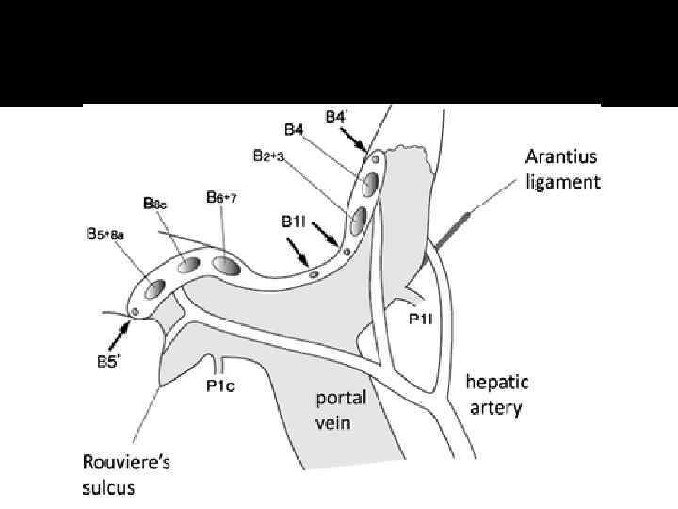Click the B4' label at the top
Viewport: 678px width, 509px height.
point(336,117)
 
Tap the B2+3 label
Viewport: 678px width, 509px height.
point(268,156)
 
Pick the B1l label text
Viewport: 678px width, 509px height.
point(293,221)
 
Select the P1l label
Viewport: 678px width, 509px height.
point(421,320)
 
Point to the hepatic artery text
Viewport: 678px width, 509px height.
point(498,395)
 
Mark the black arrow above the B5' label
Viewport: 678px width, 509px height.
point(121,329)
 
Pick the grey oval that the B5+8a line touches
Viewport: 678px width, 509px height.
point(154,287)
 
